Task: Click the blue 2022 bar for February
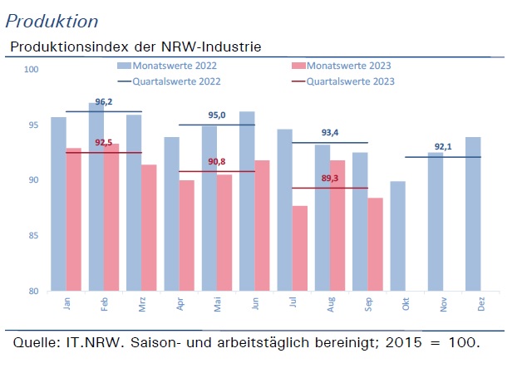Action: coord(96,197)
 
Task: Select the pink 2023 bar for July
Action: coord(300,248)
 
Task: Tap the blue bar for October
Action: coord(397,236)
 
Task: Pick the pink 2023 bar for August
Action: coord(337,226)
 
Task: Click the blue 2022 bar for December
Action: coord(473,213)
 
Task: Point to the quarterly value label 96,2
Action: coord(104,102)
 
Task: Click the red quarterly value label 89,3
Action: coord(330,179)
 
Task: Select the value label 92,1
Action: coord(443,146)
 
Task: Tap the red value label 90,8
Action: coord(217,161)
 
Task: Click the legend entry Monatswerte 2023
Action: coord(342,66)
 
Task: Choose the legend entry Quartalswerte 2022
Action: coord(169,81)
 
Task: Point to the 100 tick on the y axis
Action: coord(32,69)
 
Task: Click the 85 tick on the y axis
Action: coord(33,236)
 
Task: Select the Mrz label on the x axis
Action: coord(142,304)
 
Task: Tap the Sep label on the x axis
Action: coord(368,304)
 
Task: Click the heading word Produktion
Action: coord(52,22)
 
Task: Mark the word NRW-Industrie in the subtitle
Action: coord(211,47)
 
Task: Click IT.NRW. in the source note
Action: coord(93,342)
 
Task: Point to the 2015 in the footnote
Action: coord(404,342)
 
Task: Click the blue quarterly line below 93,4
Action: coord(330,143)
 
